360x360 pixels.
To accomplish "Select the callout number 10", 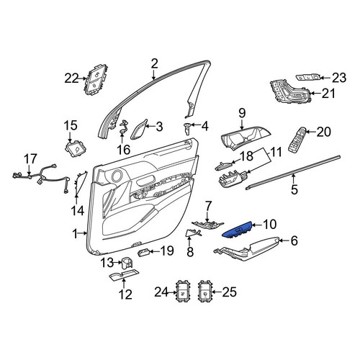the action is (x=269, y=224).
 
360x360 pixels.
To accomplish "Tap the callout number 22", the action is (x=71, y=78).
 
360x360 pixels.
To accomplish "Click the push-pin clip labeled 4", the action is (x=186, y=128).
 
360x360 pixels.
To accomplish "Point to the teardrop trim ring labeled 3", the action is (x=139, y=129).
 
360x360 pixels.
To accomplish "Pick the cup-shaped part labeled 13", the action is (x=127, y=263).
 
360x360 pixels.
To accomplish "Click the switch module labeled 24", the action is (x=184, y=291).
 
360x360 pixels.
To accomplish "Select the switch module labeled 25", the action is (x=204, y=291).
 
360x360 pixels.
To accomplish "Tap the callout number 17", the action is (x=31, y=158).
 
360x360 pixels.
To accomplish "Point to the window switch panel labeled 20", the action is (x=299, y=139).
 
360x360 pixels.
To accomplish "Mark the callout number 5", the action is (x=294, y=189).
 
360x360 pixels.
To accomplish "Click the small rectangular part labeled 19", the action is (x=144, y=253).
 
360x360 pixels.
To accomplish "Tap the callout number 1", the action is (x=76, y=233).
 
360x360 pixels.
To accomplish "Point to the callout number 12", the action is (x=125, y=294).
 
